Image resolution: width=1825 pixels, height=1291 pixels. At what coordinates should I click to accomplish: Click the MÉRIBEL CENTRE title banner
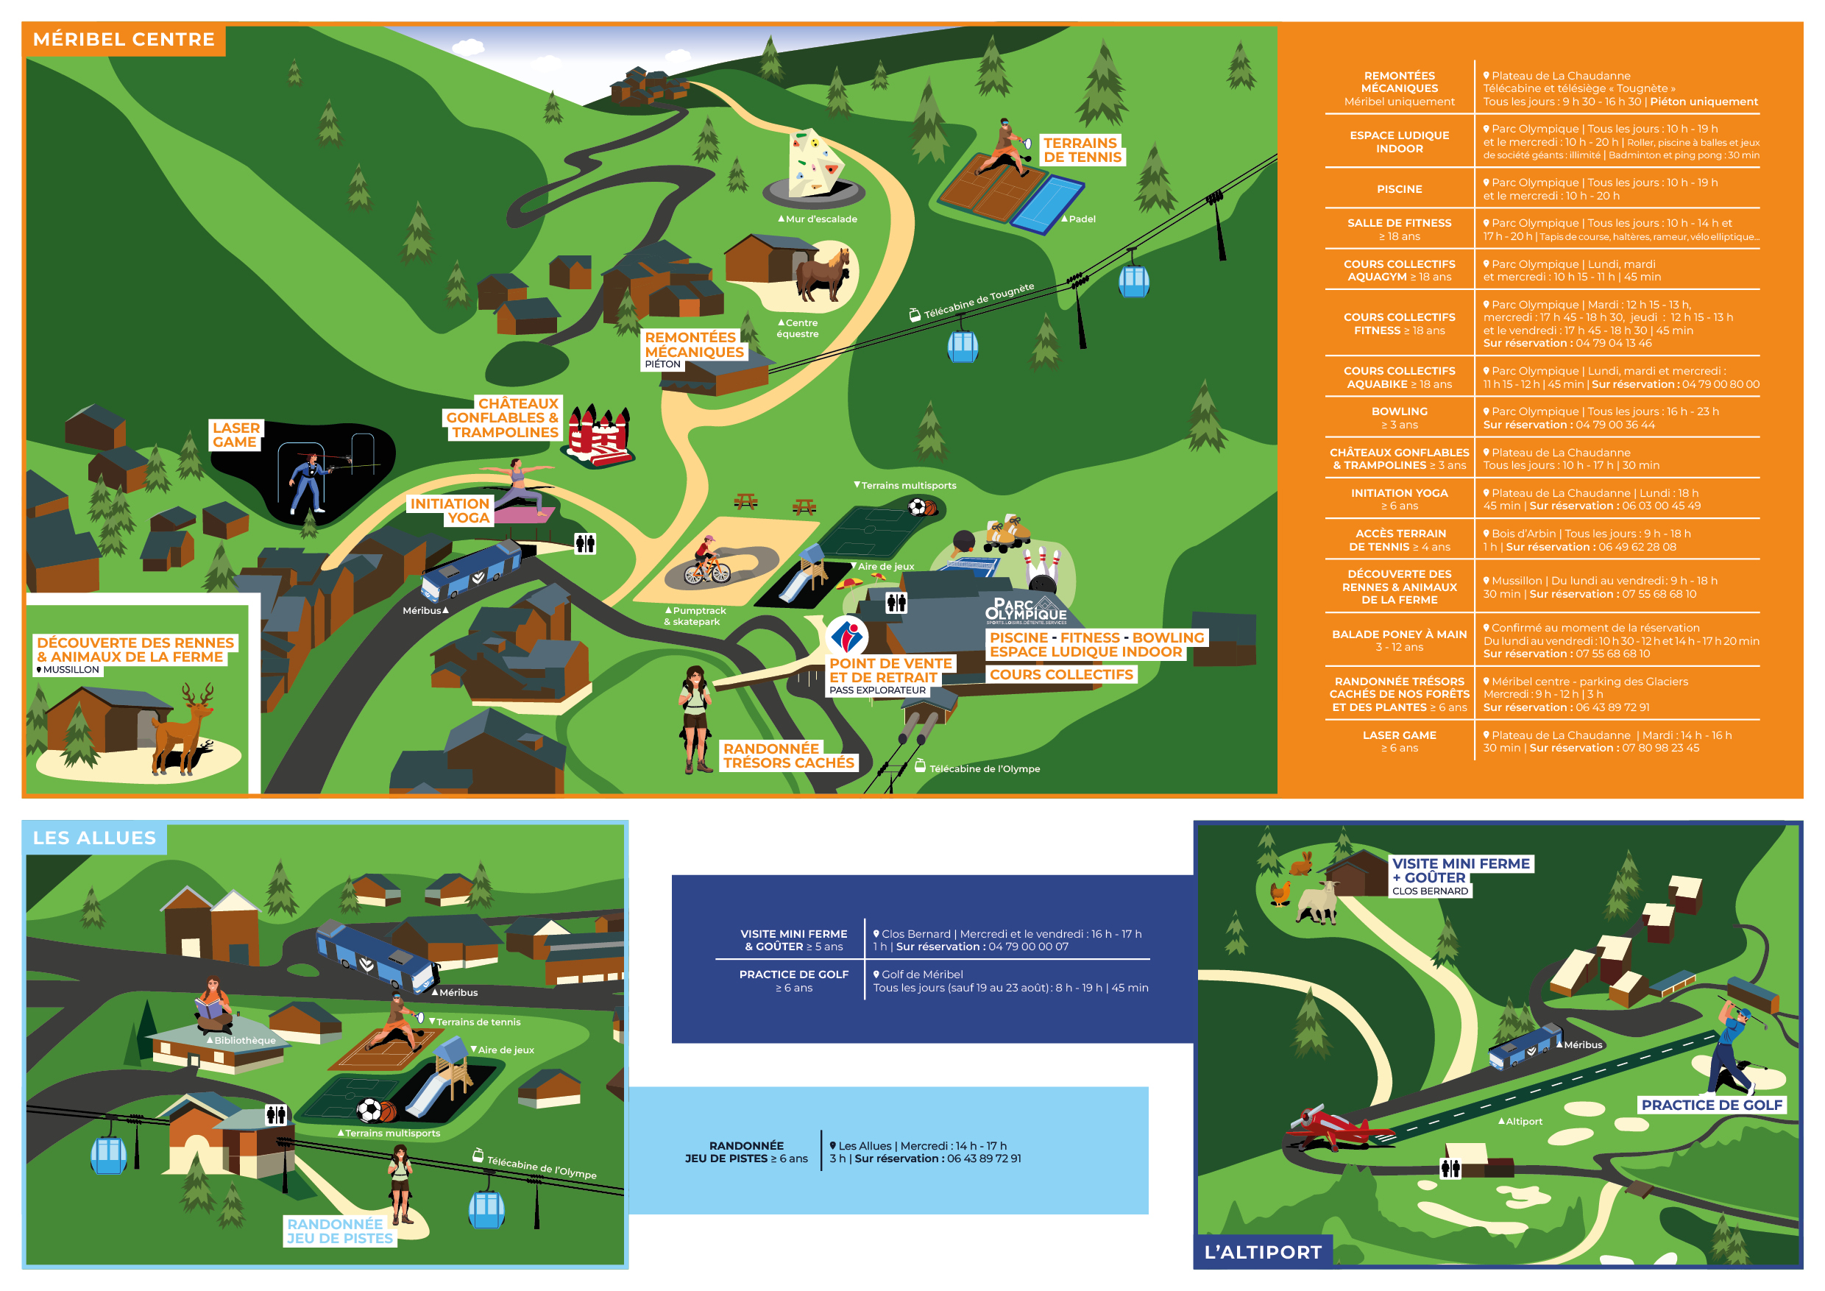[124, 40]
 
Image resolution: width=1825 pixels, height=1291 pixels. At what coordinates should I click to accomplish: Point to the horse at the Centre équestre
[824, 275]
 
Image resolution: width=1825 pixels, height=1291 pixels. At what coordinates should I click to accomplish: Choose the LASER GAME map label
[235, 435]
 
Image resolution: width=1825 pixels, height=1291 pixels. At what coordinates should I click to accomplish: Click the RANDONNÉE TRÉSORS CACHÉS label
[787, 756]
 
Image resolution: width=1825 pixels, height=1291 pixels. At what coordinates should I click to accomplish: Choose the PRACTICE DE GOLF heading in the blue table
[793, 975]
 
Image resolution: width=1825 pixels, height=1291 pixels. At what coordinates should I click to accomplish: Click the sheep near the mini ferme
[1317, 903]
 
